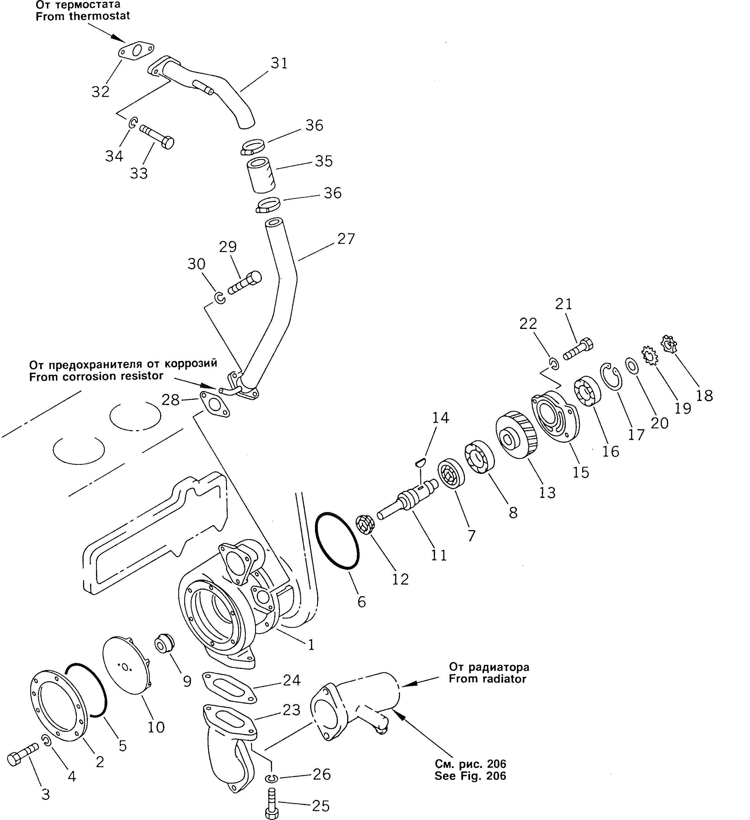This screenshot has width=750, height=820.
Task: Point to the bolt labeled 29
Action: click(x=245, y=283)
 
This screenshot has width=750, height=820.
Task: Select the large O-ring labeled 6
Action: click(x=338, y=541)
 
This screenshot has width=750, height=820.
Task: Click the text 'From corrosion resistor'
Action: click(x=96, y=376)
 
